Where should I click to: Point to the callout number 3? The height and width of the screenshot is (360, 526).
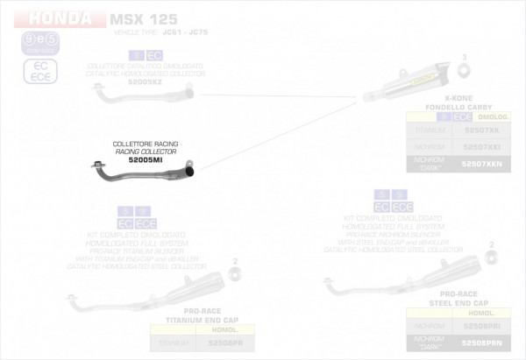(464, 56)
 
